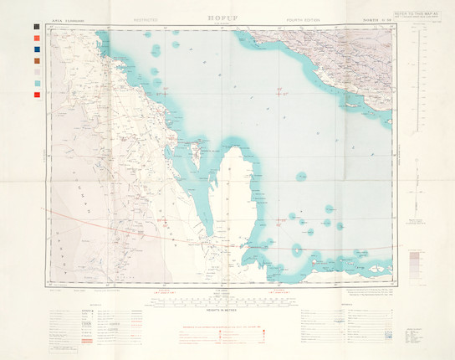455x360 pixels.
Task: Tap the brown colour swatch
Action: [x=35, y=60]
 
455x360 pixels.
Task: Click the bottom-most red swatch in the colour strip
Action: [x=35, y=94]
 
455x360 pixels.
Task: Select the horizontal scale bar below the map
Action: [x=227, y=300]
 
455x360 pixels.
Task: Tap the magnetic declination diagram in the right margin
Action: [x=416, y=197]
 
